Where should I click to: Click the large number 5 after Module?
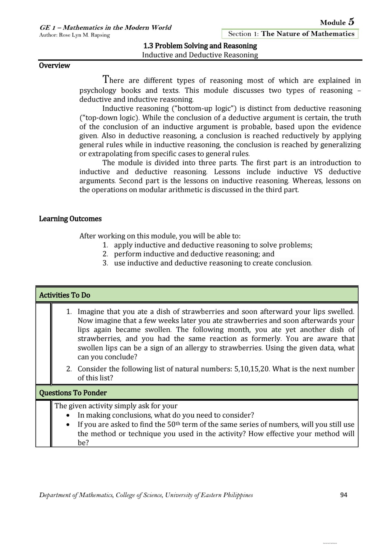(351, 22)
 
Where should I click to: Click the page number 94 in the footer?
(344, 495)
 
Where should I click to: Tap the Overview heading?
(54, 65)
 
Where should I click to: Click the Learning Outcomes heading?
(70, 219)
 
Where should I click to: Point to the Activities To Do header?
(64, 295)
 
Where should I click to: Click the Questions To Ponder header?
(73, 393)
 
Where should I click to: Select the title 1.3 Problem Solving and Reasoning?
(200, 46)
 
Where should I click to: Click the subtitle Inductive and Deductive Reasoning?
(200, 55)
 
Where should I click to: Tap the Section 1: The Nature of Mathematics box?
(290, 34)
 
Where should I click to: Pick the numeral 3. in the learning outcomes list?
(105, 263)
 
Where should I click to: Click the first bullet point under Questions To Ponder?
(68, 415)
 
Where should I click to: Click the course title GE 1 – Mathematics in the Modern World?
(105, 27)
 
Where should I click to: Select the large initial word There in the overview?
(113, 80)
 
